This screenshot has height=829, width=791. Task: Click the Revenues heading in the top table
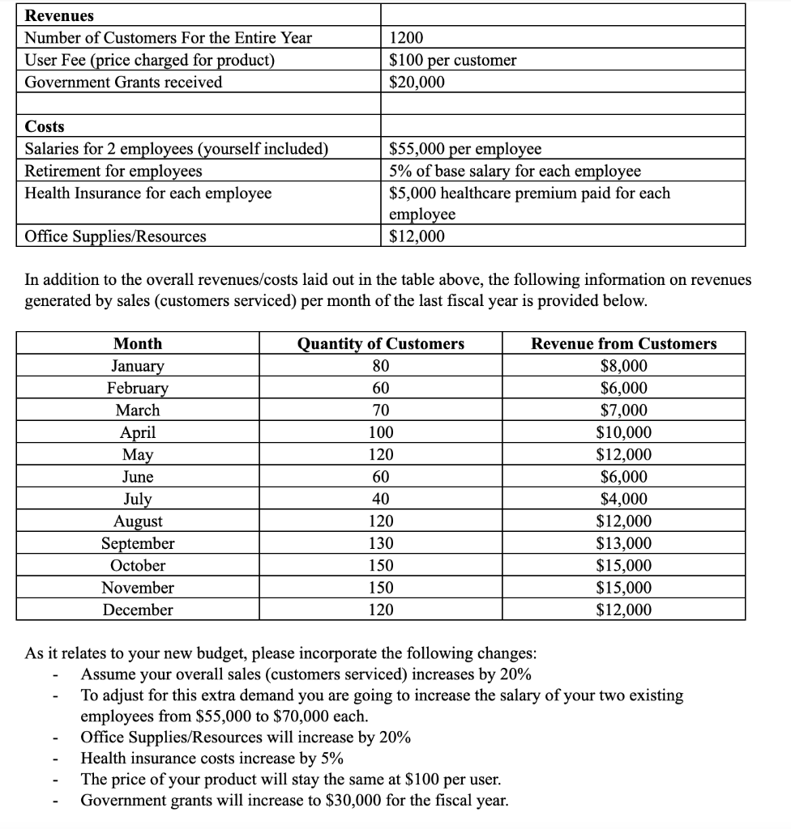(x=59, y=15)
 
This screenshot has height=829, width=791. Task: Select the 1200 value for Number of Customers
(x=406, y=37)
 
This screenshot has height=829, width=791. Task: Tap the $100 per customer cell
(x=452, y=60)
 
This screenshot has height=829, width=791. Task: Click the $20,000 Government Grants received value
(x=417, y=82)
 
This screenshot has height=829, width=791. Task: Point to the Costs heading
(x=45, y=126)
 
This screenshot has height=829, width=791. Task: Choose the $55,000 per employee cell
(x=465, y=149)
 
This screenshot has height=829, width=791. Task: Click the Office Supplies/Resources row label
(x=115, y=236)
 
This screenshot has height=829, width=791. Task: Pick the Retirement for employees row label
(x=113, y=171)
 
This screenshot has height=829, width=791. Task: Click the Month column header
(x=137, y=343)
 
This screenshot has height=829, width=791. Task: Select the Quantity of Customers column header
(x=380, y=343)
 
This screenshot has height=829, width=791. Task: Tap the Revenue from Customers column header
(x=623, y=343)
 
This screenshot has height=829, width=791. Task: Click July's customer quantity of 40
(x=380, y=499)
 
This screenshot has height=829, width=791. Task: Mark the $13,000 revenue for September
(x=623, y=543)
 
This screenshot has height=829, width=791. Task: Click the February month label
(x=137, y=388)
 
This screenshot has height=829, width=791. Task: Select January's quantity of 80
(x=380, y=366)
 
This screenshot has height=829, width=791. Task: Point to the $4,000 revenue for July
(x=623, y=499)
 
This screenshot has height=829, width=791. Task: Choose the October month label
(x=137, y=565)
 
